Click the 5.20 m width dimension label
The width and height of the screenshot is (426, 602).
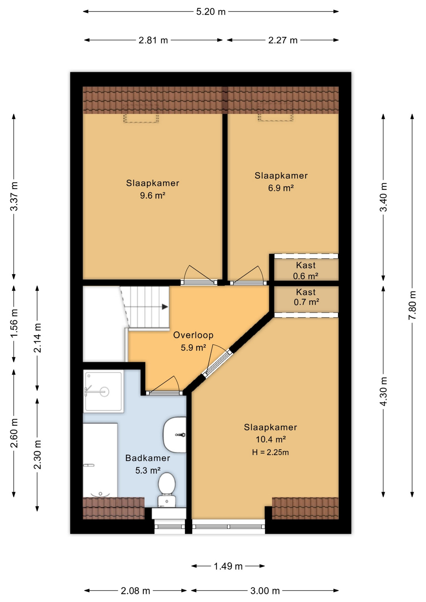[x=211, y=12]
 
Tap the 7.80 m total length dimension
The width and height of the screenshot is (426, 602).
[x=412, y=305]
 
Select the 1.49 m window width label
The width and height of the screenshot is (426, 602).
[x=228, y=566]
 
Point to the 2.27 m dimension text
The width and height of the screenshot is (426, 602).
[x=283, y=40]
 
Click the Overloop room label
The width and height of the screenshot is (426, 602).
[x=193, y=335]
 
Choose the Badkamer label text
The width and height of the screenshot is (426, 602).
[x=148, y=458]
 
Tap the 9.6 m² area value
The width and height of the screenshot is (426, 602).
[x=152, y=196]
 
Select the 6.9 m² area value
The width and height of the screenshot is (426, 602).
[x=281, y=188]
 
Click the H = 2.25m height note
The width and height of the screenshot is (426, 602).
[x=270, y=452]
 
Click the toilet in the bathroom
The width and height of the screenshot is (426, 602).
[x=167, y=490]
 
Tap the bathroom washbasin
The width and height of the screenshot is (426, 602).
[x=175, y=435]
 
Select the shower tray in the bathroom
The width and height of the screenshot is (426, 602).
[x=103, y=391]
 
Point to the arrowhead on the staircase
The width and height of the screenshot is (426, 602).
[x=165, y=307]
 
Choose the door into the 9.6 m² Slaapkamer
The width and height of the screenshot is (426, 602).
[x=199, y=276]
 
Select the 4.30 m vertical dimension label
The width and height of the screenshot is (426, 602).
[x=383, y=391]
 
